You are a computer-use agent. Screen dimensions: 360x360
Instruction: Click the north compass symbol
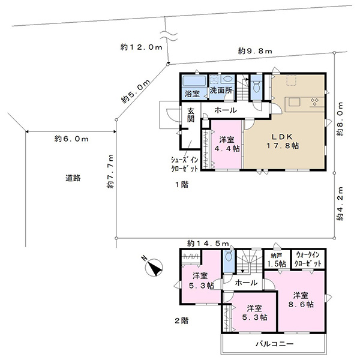[x=154, y=267]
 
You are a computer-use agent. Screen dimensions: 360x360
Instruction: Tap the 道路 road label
[x=73, y=178]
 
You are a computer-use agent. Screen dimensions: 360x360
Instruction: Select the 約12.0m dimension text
[x=142, y=47]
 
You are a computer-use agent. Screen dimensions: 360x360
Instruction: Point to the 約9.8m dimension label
[x=255, y=51]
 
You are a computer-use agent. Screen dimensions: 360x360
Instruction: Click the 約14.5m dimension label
[x=208, y=244]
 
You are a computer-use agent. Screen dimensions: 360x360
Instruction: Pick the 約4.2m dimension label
[x=340, y=204]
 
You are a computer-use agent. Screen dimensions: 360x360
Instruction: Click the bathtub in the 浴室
[x=194, y=81]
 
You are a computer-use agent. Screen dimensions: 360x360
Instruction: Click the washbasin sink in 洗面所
[x=227, y=79]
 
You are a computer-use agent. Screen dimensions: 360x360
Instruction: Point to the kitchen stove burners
[x=314, y=102]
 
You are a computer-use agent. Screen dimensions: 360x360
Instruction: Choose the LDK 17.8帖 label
[x=283, y=141]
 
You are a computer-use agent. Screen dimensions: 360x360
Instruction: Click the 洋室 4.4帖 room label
[x=227, y=144]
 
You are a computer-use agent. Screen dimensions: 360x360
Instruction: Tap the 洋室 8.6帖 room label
[x=301, y=300]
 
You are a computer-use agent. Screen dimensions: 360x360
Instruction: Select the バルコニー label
[x=275, y=344]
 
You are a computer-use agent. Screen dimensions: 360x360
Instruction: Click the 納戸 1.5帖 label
[x=277, y=260]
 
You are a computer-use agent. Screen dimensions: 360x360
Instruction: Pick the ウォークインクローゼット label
[x=308, y=259]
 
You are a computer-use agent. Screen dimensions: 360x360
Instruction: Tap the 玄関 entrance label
[x=191, y=115]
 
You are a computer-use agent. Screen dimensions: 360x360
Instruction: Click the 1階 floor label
[x=182, y=184]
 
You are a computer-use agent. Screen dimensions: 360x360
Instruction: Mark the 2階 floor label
[x=182, y=320]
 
